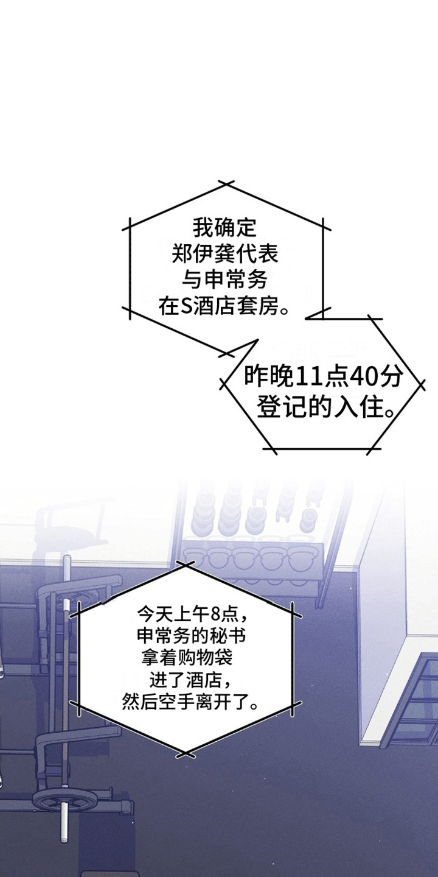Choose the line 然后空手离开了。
click(x=189, y=702)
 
